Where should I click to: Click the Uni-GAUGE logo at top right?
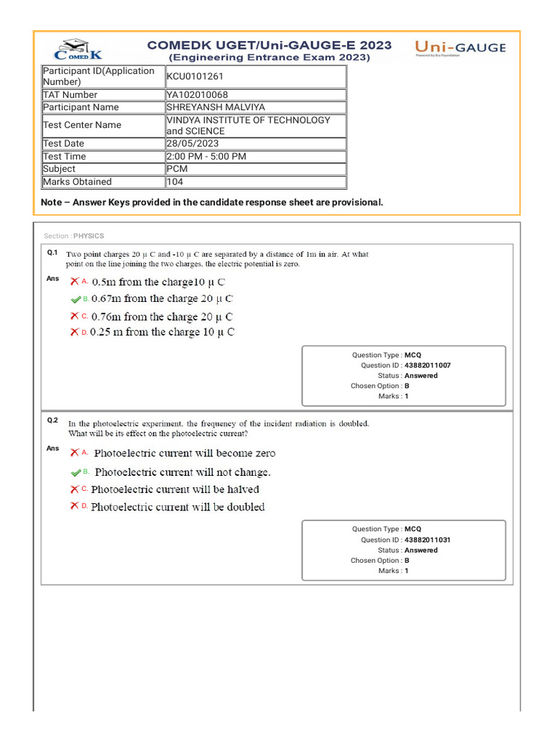pos(460,48)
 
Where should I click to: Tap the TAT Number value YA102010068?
pos(197,95)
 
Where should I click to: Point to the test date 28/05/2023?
pos(192,144)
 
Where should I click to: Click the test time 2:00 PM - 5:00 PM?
pos(206,157)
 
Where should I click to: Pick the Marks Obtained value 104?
pos(175,182)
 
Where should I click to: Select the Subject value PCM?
pos(177,169)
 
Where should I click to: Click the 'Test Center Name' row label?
pos(82,125)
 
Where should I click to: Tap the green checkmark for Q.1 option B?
pos(75,299)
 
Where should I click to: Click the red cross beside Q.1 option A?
pos(74,281)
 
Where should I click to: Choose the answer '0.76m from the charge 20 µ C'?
pos(162,316)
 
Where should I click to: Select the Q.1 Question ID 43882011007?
pos(428,365)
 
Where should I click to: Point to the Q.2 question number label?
pos(52,420)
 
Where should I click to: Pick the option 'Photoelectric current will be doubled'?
pos(178,507)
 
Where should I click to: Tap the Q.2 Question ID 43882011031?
pos(428,540)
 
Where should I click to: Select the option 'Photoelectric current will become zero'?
pos(184,454)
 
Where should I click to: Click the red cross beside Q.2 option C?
pos(74,489)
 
